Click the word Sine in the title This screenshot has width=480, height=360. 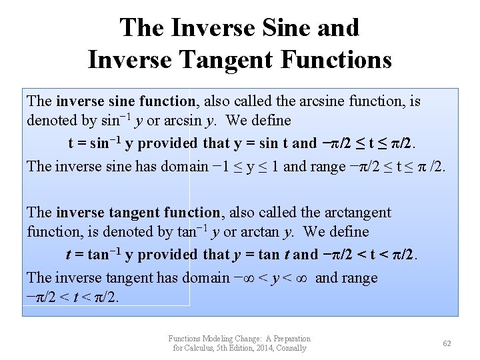click(x=279, y=27)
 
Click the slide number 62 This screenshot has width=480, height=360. click(x=447, y=343)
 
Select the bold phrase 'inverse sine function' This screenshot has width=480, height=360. click(x=125, y=101)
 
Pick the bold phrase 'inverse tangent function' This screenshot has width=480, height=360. click(x=138, y=213)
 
